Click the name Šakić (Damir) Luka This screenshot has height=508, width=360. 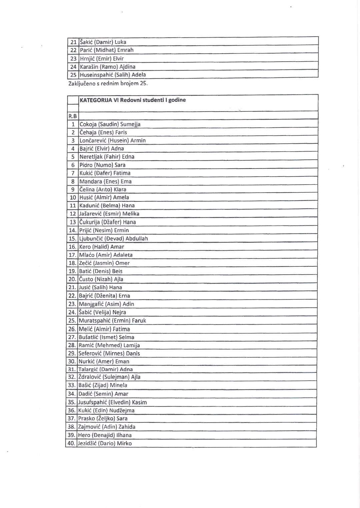click(x=103, y=42)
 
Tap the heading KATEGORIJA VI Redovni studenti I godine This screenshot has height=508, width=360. click(x=133, y=100)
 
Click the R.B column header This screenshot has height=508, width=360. click(x=73, y=116)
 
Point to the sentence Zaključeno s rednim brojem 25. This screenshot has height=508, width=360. click(x=108, y=83)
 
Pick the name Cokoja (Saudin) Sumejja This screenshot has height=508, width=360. click(x=110, y=124)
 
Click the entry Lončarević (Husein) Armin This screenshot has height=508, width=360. click(x=113, y=141)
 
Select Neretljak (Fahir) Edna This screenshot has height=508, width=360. click(x=107, y=157)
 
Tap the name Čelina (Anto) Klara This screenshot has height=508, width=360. click(x=103, y=189)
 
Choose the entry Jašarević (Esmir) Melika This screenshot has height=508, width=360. click(x=109, y=214)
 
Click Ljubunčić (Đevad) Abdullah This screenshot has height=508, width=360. click(x=113, y=239)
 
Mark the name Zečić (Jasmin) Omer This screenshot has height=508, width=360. click(x=104, y=263)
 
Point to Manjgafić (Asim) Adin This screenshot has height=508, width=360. click(x=106, y=304)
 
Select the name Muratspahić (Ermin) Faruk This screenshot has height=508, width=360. click(x=112, y=321)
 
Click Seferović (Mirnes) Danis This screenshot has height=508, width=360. click(x=109, y=353)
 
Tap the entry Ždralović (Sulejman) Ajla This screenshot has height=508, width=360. click(x=109, y=377)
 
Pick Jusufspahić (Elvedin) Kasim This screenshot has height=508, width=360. click(x=113, y=402)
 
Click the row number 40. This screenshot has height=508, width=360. click(x=71, y=443)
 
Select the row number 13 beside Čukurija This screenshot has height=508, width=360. click(x=73, y=222)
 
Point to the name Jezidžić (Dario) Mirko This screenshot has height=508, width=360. click(x=105, y=443)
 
